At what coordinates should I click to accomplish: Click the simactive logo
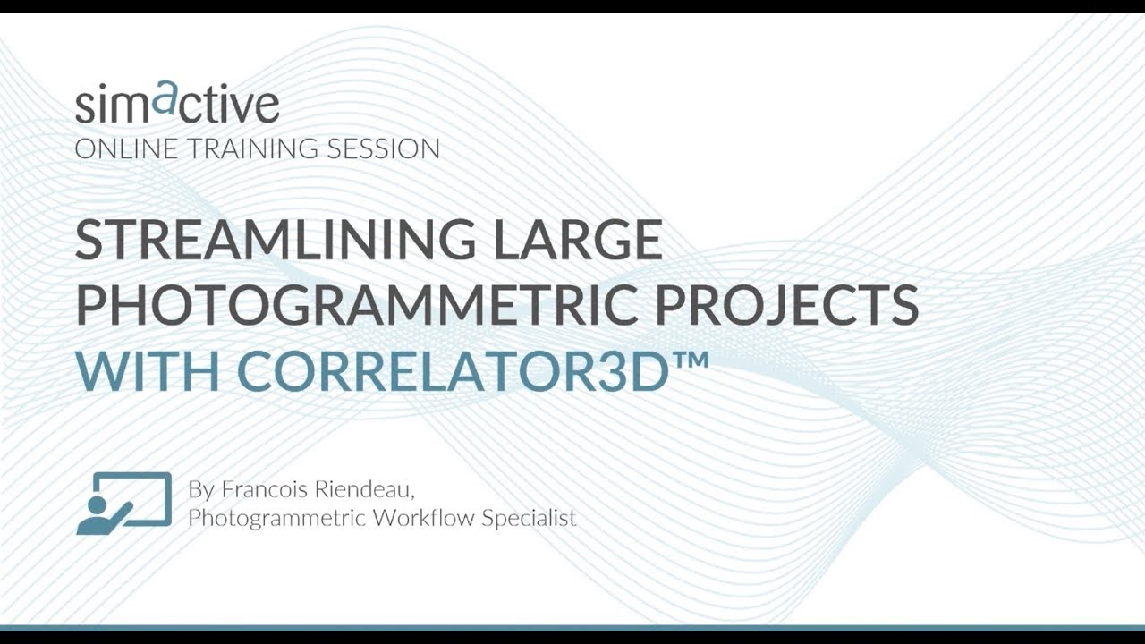pyautogui.click(x=177, y=103)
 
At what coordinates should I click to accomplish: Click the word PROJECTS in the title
pyautogui.click(x=787, y=304)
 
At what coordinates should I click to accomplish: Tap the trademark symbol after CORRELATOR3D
pyautogui.click(x=691, y=358)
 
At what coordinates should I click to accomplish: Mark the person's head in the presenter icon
pyautogui.click(x=96, y=502)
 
